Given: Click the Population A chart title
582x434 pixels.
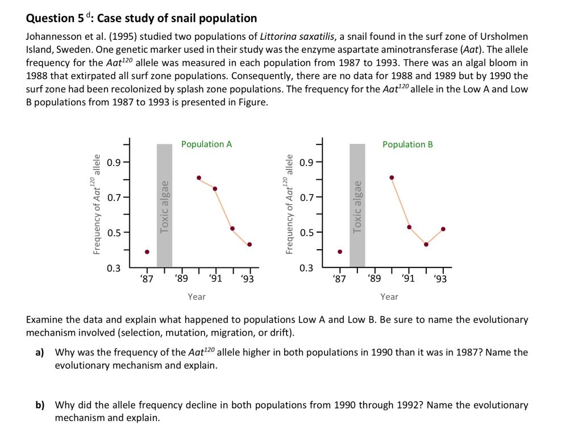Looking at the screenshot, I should (x=206, y=144).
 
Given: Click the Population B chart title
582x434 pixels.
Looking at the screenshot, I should (x=408, y=144).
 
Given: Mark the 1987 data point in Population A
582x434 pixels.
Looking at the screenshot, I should (x=147, y=252).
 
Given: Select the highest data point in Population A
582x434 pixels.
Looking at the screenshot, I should (x=199, y=177).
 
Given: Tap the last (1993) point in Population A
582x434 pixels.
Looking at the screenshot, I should (x=250, y=245).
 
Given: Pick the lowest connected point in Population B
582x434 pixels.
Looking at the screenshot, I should (x=426, y=245).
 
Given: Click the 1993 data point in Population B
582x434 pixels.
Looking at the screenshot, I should (x=443, y=229).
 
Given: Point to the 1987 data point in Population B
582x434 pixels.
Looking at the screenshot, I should (x=340, y=251).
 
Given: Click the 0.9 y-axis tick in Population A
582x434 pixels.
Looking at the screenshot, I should (x=114, y=163).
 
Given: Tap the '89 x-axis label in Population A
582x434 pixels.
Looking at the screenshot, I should (x=181, y=279).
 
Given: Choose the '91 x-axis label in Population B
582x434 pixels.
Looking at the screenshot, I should (x=408, y=279).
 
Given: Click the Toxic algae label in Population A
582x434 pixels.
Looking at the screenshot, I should (x=165, y=206).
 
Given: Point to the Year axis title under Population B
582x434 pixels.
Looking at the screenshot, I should (x=389, y=296).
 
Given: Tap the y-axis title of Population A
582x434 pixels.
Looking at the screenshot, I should (x=95, y=204).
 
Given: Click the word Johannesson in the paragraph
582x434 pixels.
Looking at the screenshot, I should (x=53, y=37).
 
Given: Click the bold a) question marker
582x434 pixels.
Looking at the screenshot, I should (x=40, y=353).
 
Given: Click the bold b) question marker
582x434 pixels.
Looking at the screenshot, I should (x=40, y=406).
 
